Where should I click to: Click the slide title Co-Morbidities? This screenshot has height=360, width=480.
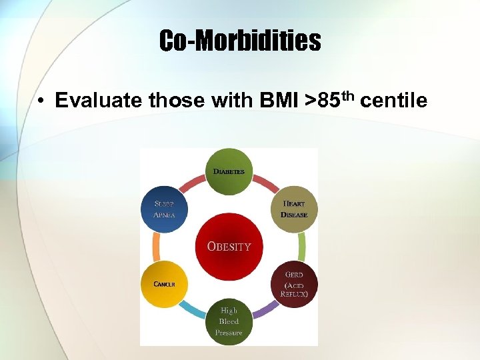240,41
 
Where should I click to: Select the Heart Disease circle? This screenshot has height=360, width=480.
294,209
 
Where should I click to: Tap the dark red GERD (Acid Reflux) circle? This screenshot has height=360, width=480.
294,284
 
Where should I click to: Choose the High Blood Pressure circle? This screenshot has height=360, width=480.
229,322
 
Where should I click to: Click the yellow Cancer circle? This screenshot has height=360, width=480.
164,284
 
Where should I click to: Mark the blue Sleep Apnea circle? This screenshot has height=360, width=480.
164,209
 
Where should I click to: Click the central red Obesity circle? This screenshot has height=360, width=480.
229,247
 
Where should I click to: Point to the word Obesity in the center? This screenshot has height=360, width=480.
229,246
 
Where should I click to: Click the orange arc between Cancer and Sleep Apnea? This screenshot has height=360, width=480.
156,247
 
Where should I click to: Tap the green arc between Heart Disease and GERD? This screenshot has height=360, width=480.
302,247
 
